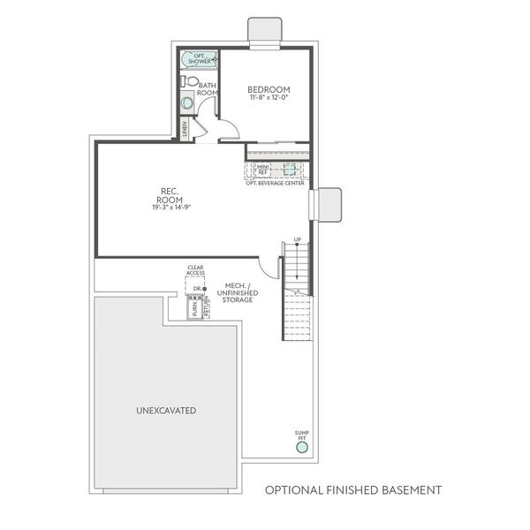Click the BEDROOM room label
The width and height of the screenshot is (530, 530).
coord(269,89)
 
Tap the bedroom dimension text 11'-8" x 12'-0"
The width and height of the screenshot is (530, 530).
coord(269,98)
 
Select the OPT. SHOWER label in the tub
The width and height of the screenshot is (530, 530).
coord(200,58)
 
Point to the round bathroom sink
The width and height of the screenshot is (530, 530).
coord(187,103)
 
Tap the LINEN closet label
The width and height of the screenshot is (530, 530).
coord(185,128)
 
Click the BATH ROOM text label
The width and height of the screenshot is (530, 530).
coord(208,89)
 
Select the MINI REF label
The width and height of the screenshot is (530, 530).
coord(251,170)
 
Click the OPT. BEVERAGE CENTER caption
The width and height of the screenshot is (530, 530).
coord(276,183)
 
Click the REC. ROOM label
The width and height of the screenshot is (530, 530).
coord(171,195)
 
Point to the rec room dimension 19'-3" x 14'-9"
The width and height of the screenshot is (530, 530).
coord(171,207)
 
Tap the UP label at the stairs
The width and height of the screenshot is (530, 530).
coord(298,240)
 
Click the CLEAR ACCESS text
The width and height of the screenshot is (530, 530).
coord(195,270)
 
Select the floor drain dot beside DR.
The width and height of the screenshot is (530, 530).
coord(204,288)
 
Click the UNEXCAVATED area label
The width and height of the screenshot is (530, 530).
coord(166,411)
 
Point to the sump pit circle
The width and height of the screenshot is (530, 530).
coord(302,448)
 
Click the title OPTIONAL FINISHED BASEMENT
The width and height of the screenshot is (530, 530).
coord(353,489)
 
